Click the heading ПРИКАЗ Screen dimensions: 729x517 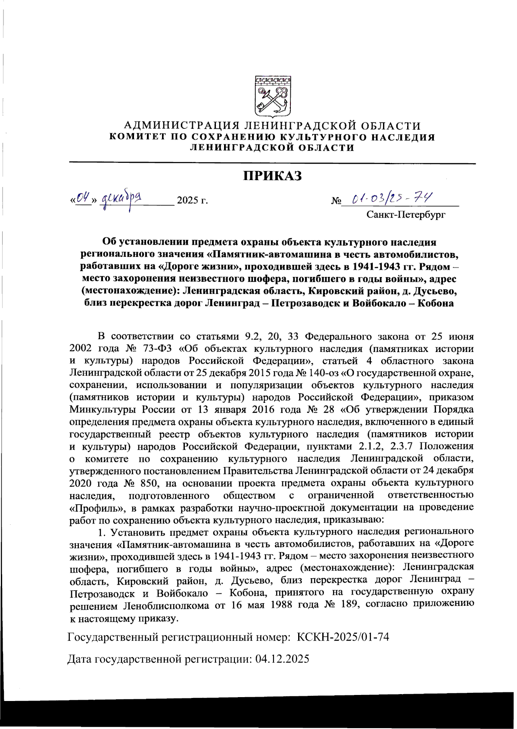pyautogui.click(x=272, y=176)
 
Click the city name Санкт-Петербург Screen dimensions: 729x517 pyautogui.click(x=405, y=214)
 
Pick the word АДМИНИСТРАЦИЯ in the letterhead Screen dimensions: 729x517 pyautogui.click(x=181, y=126)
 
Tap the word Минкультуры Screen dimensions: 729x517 pyautogui.click(x=97, y=409)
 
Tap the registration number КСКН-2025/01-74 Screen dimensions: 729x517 pyautogui.click(x=343, y=636)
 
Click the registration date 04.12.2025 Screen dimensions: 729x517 pyautogui.click(x=282, y=659)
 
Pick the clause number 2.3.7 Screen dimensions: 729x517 pyautogui.click(x=403, y=446)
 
